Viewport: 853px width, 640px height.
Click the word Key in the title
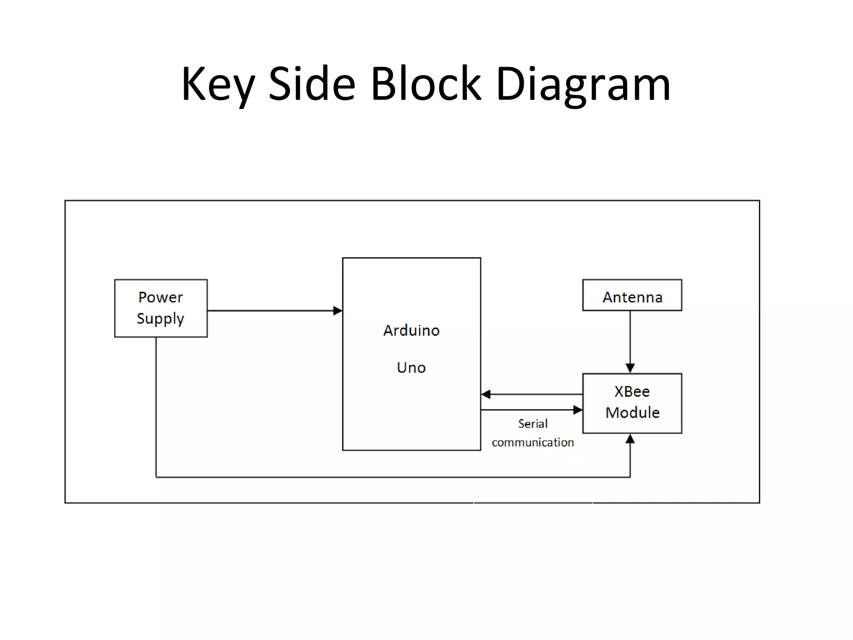[x=217, y=85]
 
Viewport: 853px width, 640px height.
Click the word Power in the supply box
[x=160, y=297]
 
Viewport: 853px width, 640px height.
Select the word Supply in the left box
[x=160, y=319]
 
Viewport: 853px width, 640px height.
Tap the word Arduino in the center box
[x=411, y=330]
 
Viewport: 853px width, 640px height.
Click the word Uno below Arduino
[x=411, y=367]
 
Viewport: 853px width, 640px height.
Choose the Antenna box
[x=632, y=295]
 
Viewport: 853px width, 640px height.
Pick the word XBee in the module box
[x=632, y=392]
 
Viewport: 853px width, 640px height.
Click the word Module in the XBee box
[x=632, y=412]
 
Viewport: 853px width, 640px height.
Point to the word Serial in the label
[x=533, y=424]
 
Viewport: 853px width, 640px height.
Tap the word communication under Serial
[x=533, y=442]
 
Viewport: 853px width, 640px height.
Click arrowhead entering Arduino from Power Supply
[x=338, y=311]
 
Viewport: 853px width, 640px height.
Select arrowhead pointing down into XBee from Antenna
[x=630, y=368]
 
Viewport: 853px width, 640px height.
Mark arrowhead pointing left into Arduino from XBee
[x=486, y=394]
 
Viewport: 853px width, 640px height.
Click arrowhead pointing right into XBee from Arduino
[x=578, y=410]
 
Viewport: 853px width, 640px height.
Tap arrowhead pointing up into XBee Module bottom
[x=630, y=439]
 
